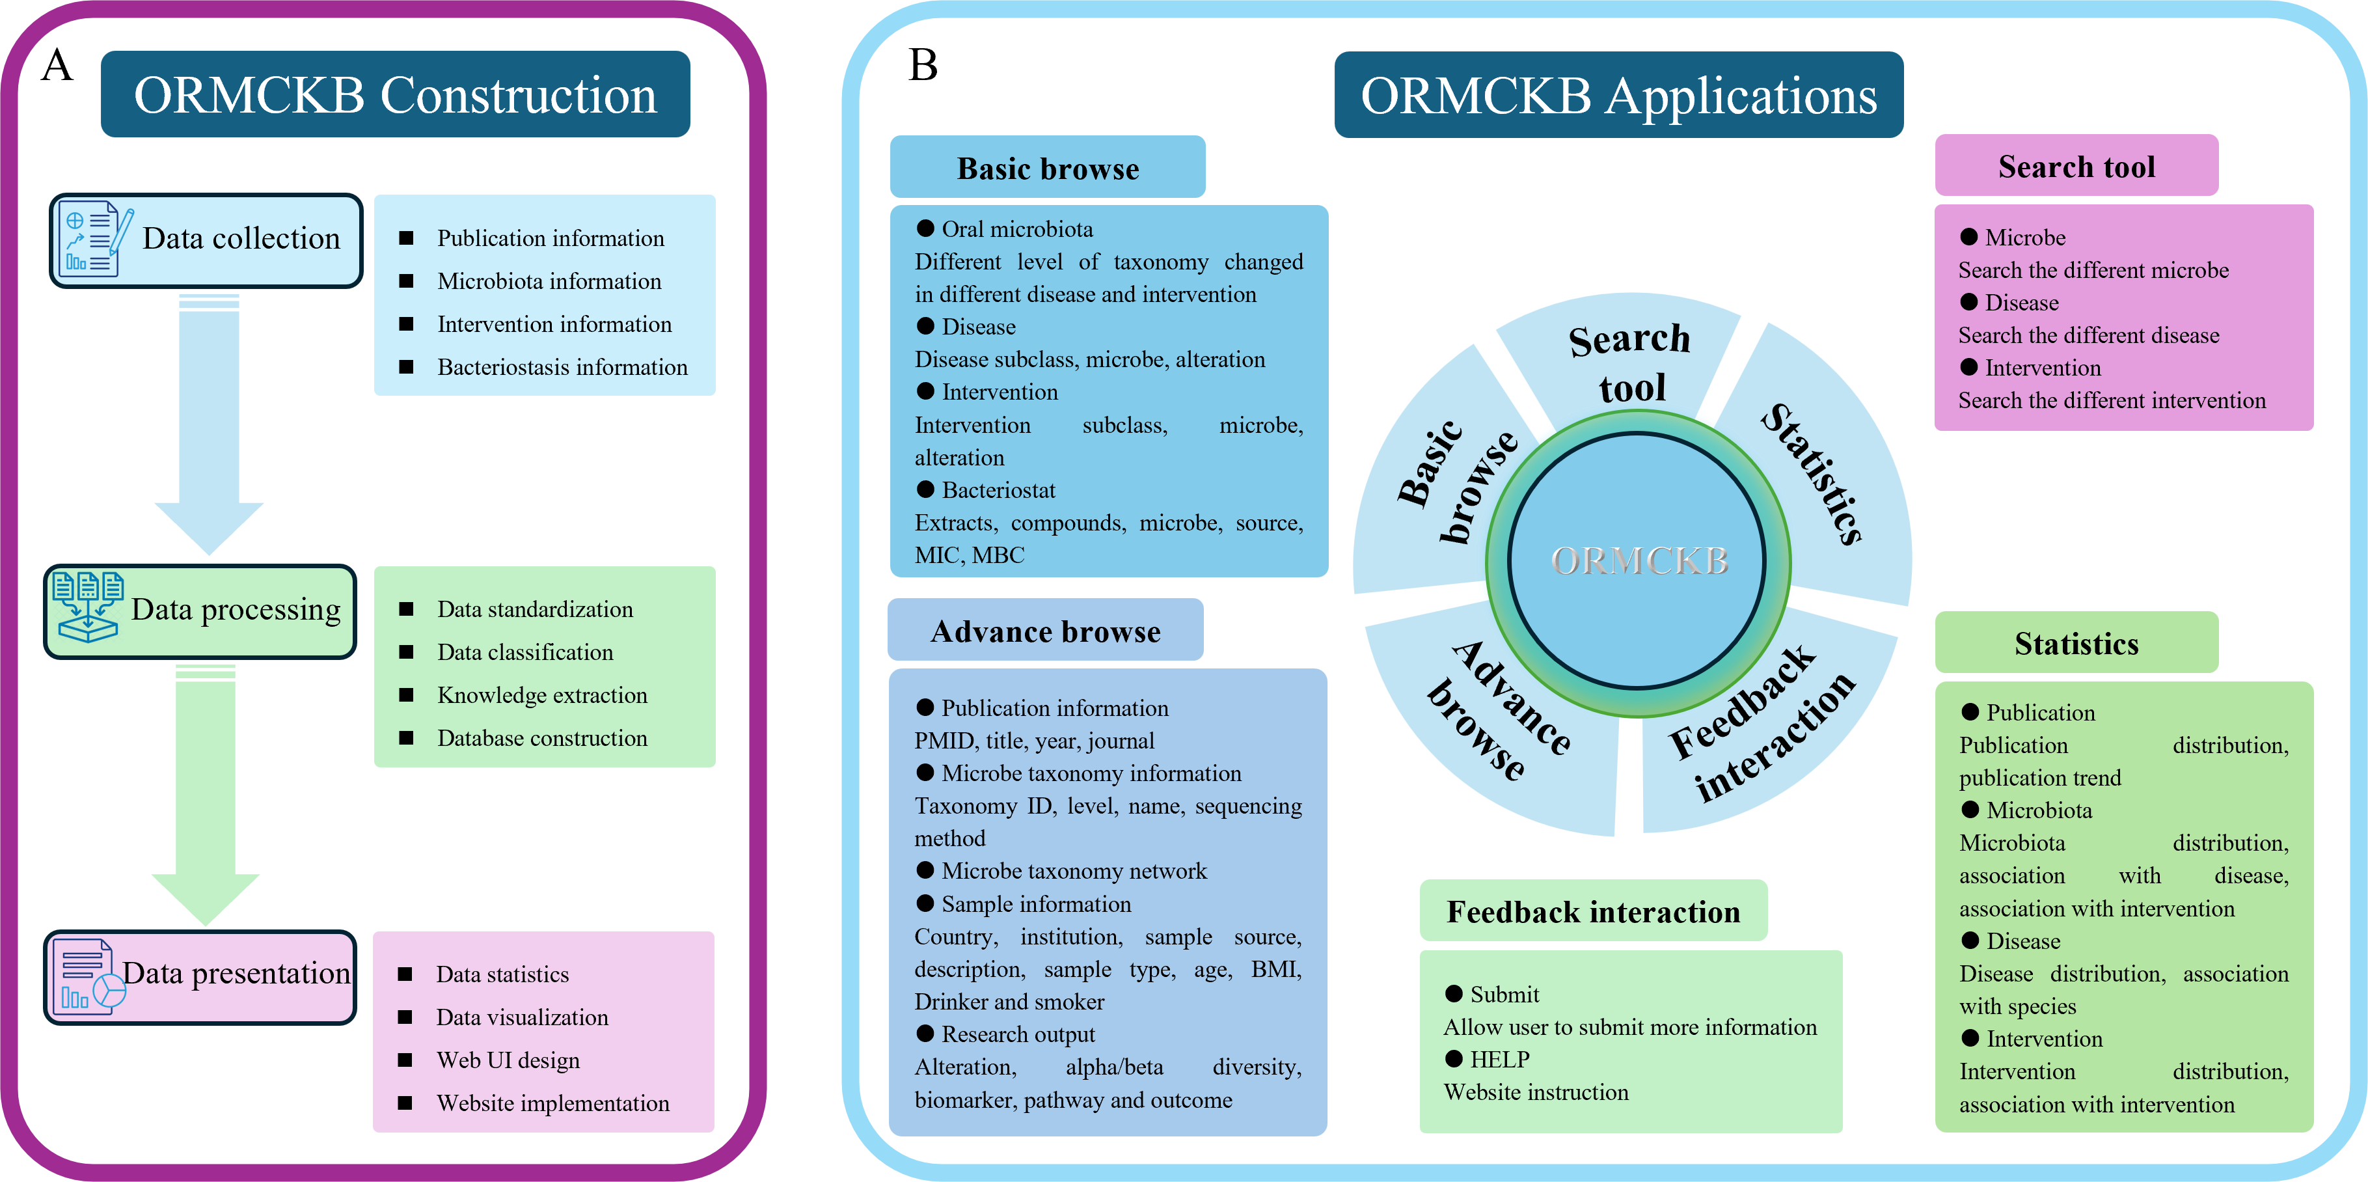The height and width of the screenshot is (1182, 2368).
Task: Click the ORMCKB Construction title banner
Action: coord(395,94)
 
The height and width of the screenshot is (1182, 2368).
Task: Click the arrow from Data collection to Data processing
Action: coord(209,423)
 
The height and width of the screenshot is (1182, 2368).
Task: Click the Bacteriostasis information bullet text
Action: coord(562,368)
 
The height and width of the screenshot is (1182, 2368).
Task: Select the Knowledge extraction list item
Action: coord(541,696)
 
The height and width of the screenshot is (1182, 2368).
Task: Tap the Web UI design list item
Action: coord(508,1061)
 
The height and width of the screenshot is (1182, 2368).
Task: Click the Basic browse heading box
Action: coord(1047,168)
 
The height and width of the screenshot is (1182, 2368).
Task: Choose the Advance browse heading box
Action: coord(1045,631)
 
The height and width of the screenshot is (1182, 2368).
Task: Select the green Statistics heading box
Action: coord(2076,643)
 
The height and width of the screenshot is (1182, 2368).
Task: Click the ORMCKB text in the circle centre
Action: coord(1639,560)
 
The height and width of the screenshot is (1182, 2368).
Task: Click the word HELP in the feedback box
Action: coord(1499,1060)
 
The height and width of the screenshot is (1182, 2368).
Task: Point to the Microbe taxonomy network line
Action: coord(1074,872)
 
